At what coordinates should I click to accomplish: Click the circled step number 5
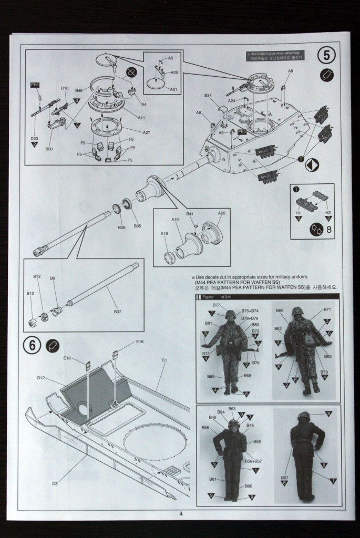pos(326,55)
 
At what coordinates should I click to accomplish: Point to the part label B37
pos(117,312)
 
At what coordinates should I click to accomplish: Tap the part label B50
pos(49,149)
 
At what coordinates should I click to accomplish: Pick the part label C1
pos(164,360)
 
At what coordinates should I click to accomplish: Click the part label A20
pos(221,213)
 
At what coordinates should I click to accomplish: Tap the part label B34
pos(208,95)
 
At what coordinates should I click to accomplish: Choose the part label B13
pos(30,294)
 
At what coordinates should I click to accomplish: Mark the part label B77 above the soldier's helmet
pos(217,305)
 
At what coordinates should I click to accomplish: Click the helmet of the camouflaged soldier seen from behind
pos(297,311)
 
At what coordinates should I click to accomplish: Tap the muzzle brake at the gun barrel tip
pos(38,253)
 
